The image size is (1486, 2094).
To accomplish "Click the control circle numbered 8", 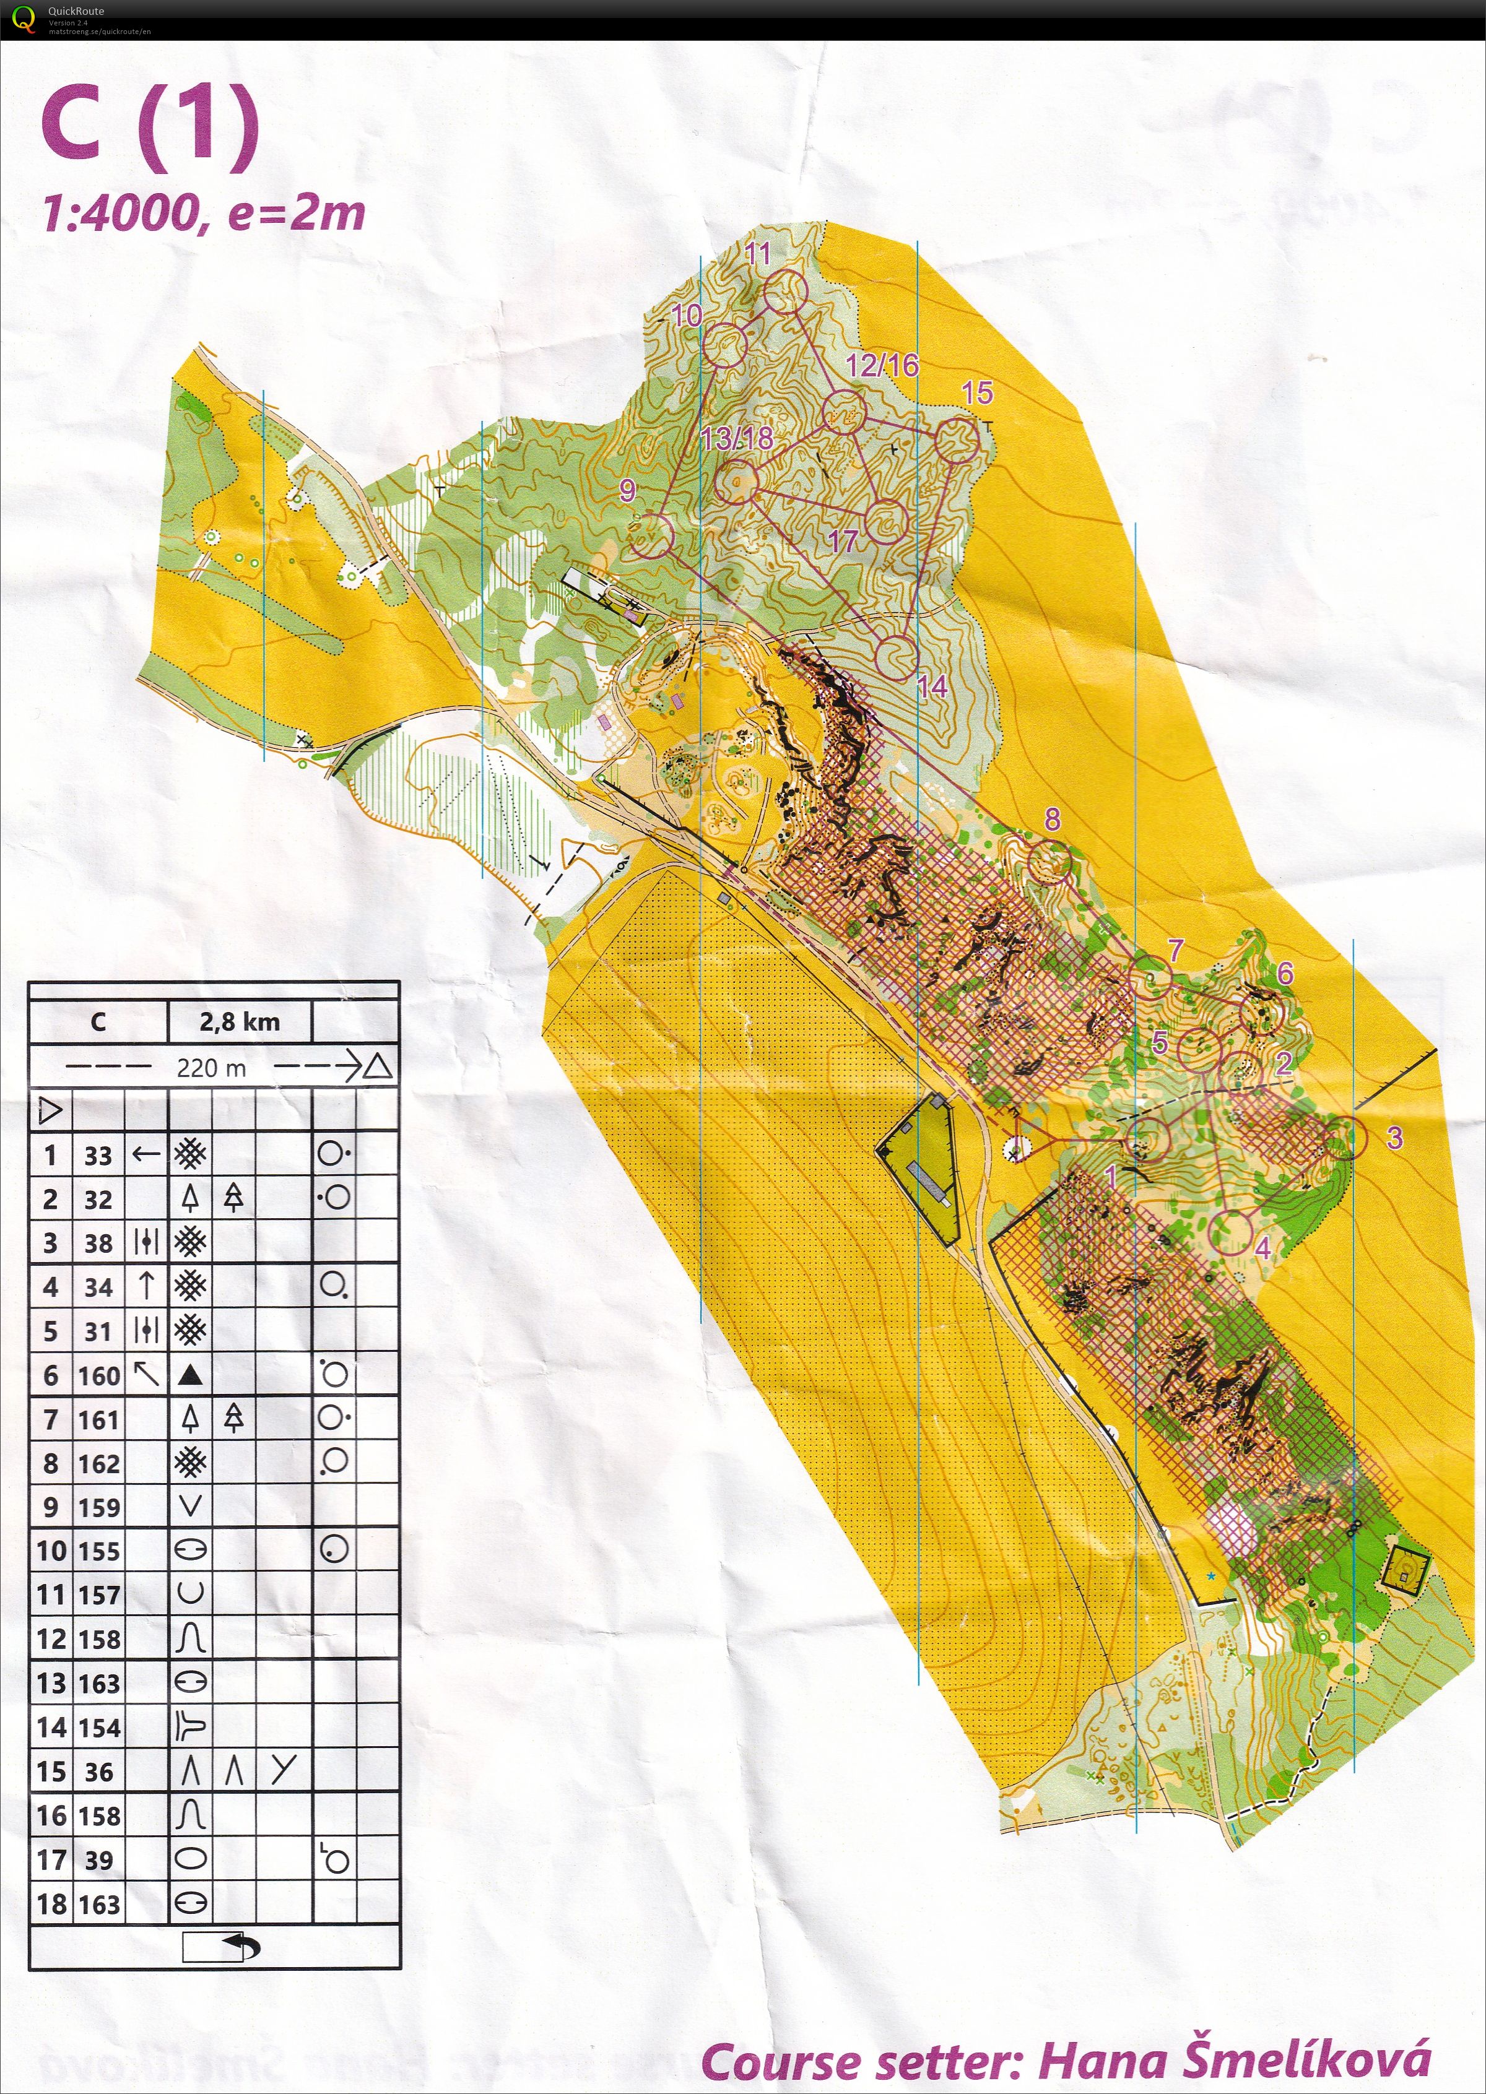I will point(1049,860).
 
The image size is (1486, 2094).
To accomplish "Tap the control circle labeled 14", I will point(896,657).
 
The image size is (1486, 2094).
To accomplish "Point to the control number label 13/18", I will point(737,438).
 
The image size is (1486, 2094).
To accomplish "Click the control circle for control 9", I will point(651,535).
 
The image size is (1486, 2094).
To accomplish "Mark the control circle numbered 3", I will point(1344,1139).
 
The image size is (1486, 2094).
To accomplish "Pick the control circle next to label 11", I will point(786,292).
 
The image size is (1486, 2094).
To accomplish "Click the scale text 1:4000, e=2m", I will point(203,213).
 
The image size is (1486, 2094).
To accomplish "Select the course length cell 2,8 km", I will point(240,1022).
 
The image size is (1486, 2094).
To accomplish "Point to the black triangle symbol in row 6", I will point(190,1374).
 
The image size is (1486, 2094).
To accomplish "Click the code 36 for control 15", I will point(99,1772).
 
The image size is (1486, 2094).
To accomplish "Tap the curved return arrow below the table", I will point(240,1946).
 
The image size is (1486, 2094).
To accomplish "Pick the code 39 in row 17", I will point(99,1860).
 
